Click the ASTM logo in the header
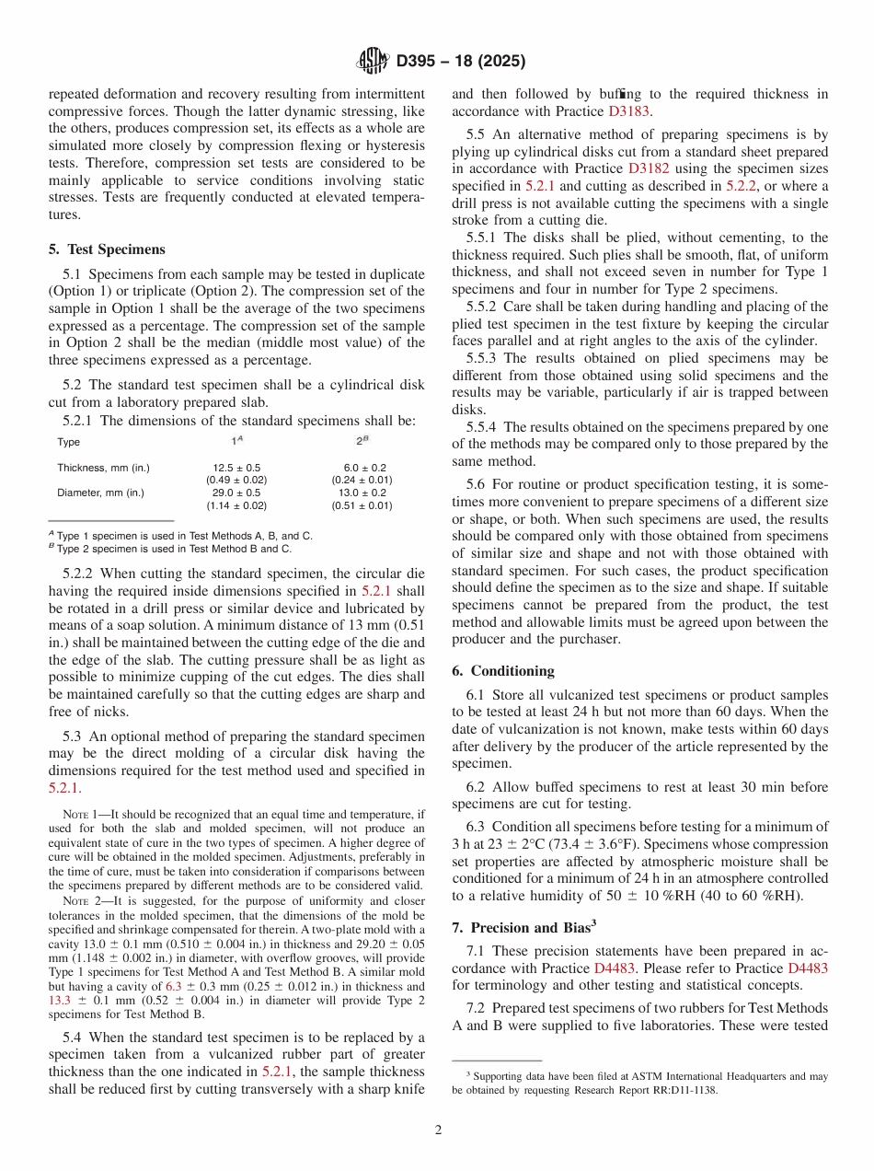pos(374,62)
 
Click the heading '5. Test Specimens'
pos(107,249)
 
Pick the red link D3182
pos(650,168)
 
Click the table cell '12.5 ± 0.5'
pos(236,468)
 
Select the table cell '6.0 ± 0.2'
pos(362,468)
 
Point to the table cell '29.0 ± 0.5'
pos(236,493)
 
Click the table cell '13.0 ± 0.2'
pos(362,493)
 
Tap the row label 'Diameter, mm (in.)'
pos(100,493)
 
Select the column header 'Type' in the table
pos(68,442)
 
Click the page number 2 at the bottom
pos(438,1130)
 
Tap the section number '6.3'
pos(477,827)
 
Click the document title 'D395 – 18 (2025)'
pos(461,62)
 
